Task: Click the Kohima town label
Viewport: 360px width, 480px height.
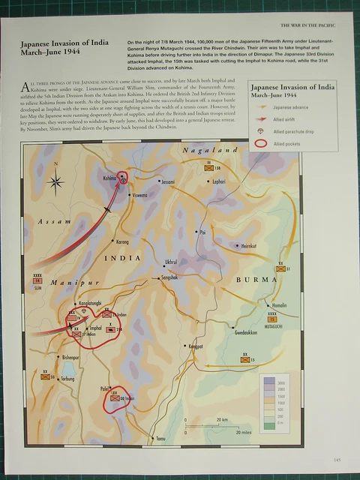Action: point(109,178)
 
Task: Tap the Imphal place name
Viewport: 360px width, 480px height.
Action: point(95,328)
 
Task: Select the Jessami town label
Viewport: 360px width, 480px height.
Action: point(167,181)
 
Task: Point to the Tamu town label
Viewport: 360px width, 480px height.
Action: point(159,438)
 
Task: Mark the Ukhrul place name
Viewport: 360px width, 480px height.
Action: point(172,262)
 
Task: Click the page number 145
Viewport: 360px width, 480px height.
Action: point(337,460)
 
